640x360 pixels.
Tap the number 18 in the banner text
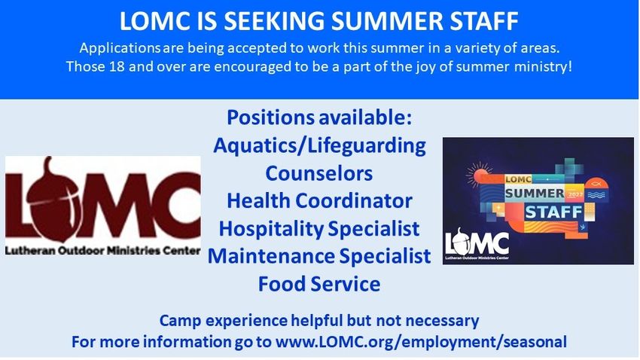point(117,66)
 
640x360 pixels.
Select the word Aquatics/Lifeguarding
point(319,146)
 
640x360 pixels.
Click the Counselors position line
point(319,173)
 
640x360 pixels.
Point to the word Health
point(258,201)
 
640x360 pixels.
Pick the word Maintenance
point(270,256)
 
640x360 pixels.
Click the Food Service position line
point(319,284)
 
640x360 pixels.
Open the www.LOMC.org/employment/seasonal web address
point(421,342)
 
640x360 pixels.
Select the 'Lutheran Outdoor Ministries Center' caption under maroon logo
point(103,250)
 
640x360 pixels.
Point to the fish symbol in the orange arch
point(596,184)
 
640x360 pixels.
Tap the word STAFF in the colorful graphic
point(554,212)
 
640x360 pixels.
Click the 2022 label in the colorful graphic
point(575,195)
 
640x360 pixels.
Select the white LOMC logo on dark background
point(477,243)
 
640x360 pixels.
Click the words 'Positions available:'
point(319,117)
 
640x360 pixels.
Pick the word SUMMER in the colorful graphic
point(535,193)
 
